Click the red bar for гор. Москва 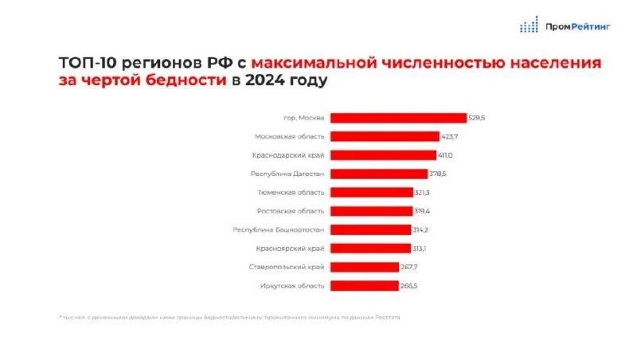(x=398, y=118)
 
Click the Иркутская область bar (x=364, y=285)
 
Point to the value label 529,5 (x=477, y=118)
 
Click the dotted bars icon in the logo (x=530, y=25)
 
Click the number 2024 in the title (x=264, y=81)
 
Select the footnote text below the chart (x=230, y=317)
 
